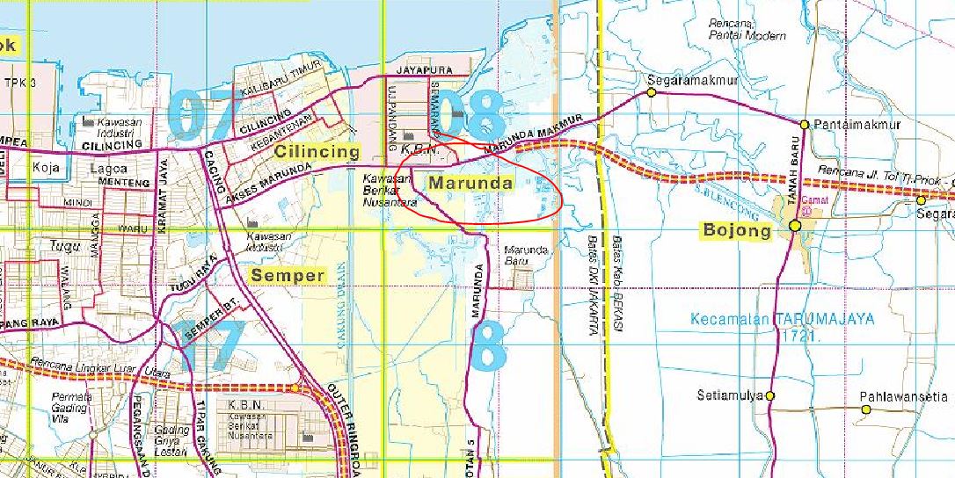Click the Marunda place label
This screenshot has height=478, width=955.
click(470, 184)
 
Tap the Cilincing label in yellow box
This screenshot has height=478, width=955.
click(317, 151)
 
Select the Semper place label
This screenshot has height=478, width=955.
click(288, 276)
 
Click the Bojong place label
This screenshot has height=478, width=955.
click(736, 230)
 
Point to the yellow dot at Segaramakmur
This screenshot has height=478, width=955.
click(652, 92)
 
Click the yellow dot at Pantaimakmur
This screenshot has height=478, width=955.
click(805, 125)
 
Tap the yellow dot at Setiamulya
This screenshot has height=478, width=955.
click(770, 396)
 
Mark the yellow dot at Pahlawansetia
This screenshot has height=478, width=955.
click(866, 408)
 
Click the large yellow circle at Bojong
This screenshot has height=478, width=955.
click(795, 226)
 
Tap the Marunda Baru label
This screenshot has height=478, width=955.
click(527, 256)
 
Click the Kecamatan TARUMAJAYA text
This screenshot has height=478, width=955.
click(782, 319)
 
